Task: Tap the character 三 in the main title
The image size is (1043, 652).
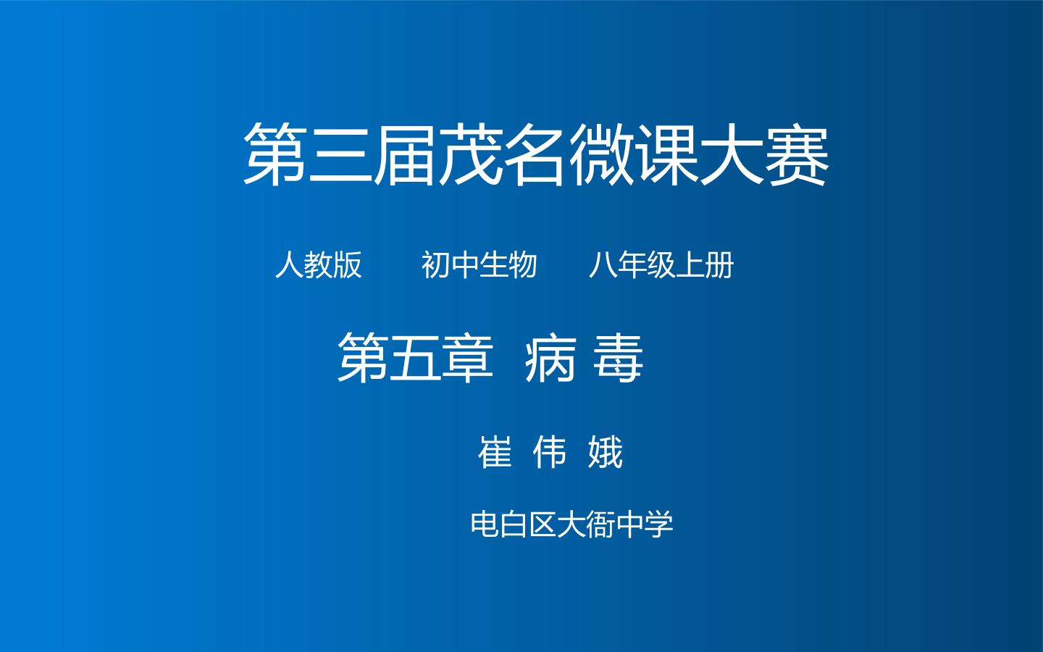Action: tap(341, 155)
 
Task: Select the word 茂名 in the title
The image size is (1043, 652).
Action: tap(503, 154)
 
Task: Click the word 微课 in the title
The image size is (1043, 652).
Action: tap(633, 154)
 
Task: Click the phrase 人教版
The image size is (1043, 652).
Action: tap(319, 265)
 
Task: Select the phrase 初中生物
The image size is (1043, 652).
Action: tap(479, 265)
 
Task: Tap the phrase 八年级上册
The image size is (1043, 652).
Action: tap(661, 265)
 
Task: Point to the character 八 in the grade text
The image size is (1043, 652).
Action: tap(603, 265)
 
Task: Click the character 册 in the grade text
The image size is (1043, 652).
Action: tap(720, 265)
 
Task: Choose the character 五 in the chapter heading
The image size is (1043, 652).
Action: tap(415, 359)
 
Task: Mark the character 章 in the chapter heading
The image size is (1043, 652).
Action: tap(467, 359)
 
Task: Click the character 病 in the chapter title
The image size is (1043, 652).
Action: tap(550, 359)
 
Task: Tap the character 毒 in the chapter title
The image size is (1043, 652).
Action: tap(619, 359)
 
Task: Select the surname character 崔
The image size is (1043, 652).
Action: tap(495, 452)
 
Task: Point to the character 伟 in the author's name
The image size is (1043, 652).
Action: tap(550, 452)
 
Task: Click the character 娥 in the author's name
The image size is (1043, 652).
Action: tap(606, 452)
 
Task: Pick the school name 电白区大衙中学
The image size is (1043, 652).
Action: tap(571, 524)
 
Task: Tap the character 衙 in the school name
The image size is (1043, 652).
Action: tap(600, 524)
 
